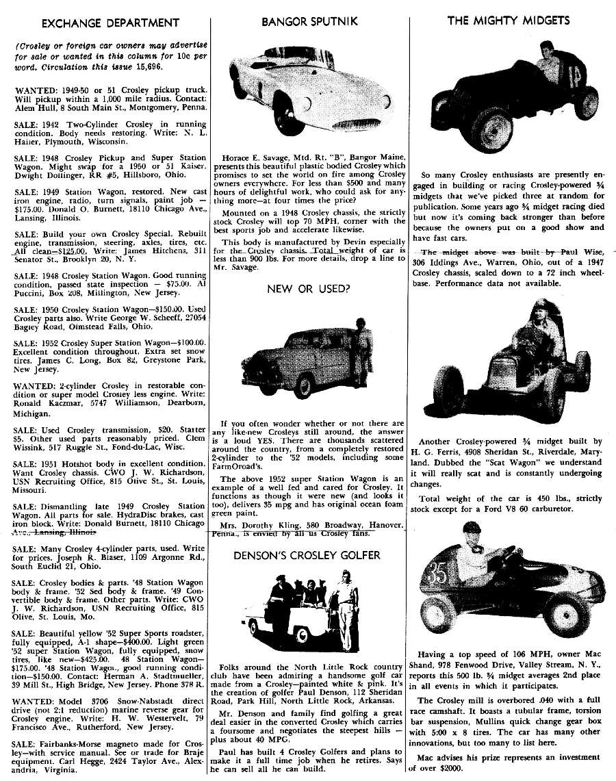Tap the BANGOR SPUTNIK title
point(309,22)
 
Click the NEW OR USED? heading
point(309,288)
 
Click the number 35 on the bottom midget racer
point(438,574)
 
